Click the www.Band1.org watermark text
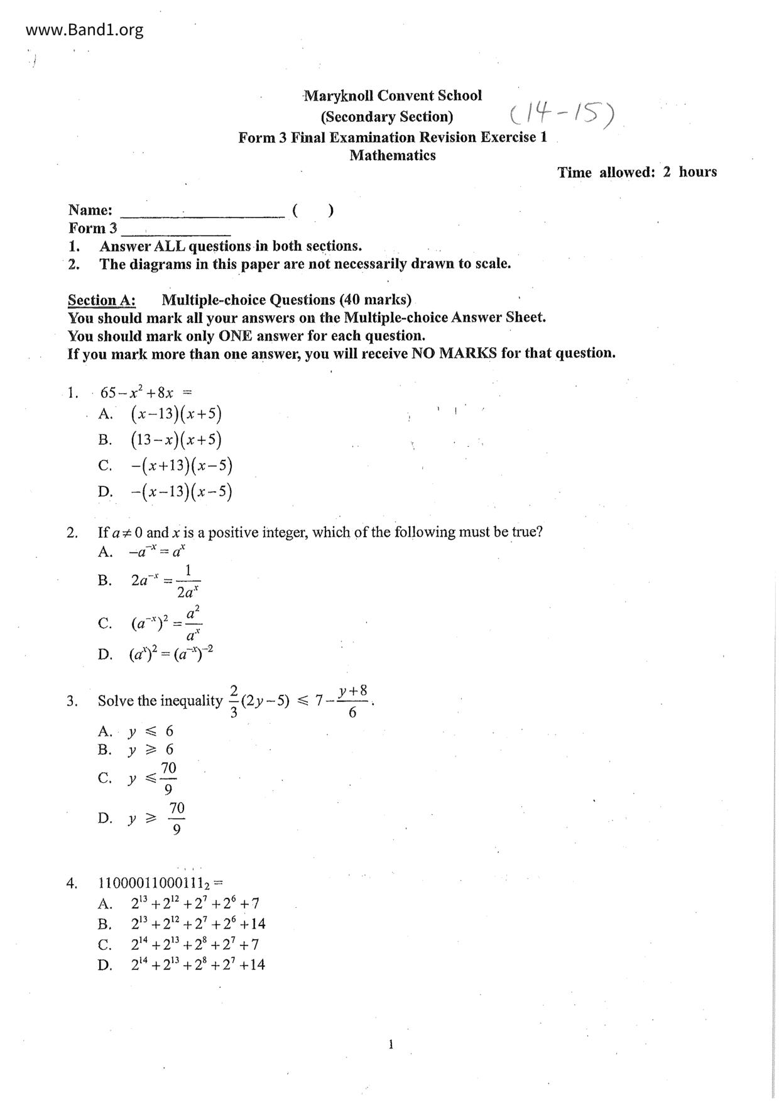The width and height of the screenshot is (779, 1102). click(85, 30)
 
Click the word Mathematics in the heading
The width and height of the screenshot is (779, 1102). click(393, 155)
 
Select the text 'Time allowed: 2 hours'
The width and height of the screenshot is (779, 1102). click(636, 172)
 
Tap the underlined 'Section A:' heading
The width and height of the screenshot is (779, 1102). click(101, 300)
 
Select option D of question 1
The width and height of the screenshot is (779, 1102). click(181, 491)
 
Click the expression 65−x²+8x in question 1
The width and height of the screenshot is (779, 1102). click(137, 393)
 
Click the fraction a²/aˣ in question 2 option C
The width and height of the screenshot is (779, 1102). click(193, 623)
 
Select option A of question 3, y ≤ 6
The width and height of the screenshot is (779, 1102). click(150, 731)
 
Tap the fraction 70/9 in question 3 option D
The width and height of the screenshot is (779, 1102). click(177, 818)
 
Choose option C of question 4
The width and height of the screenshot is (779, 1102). click(195, 944)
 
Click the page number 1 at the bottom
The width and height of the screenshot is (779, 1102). click(391, 1044)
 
